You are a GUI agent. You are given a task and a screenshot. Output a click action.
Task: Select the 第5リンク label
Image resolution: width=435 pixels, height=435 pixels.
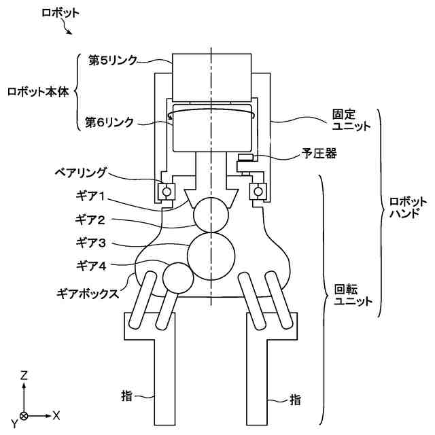113,60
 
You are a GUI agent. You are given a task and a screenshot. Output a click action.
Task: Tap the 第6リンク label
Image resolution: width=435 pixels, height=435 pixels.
109,122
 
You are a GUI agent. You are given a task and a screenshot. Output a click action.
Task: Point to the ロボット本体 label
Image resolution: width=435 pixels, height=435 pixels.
38,91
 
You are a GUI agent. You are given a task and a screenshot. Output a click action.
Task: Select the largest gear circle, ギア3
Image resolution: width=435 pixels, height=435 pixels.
211,254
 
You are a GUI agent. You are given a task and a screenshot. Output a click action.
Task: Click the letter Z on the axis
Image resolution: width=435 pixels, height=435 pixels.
24,375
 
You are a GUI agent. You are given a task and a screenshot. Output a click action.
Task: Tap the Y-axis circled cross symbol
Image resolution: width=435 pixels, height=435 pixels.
24,415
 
